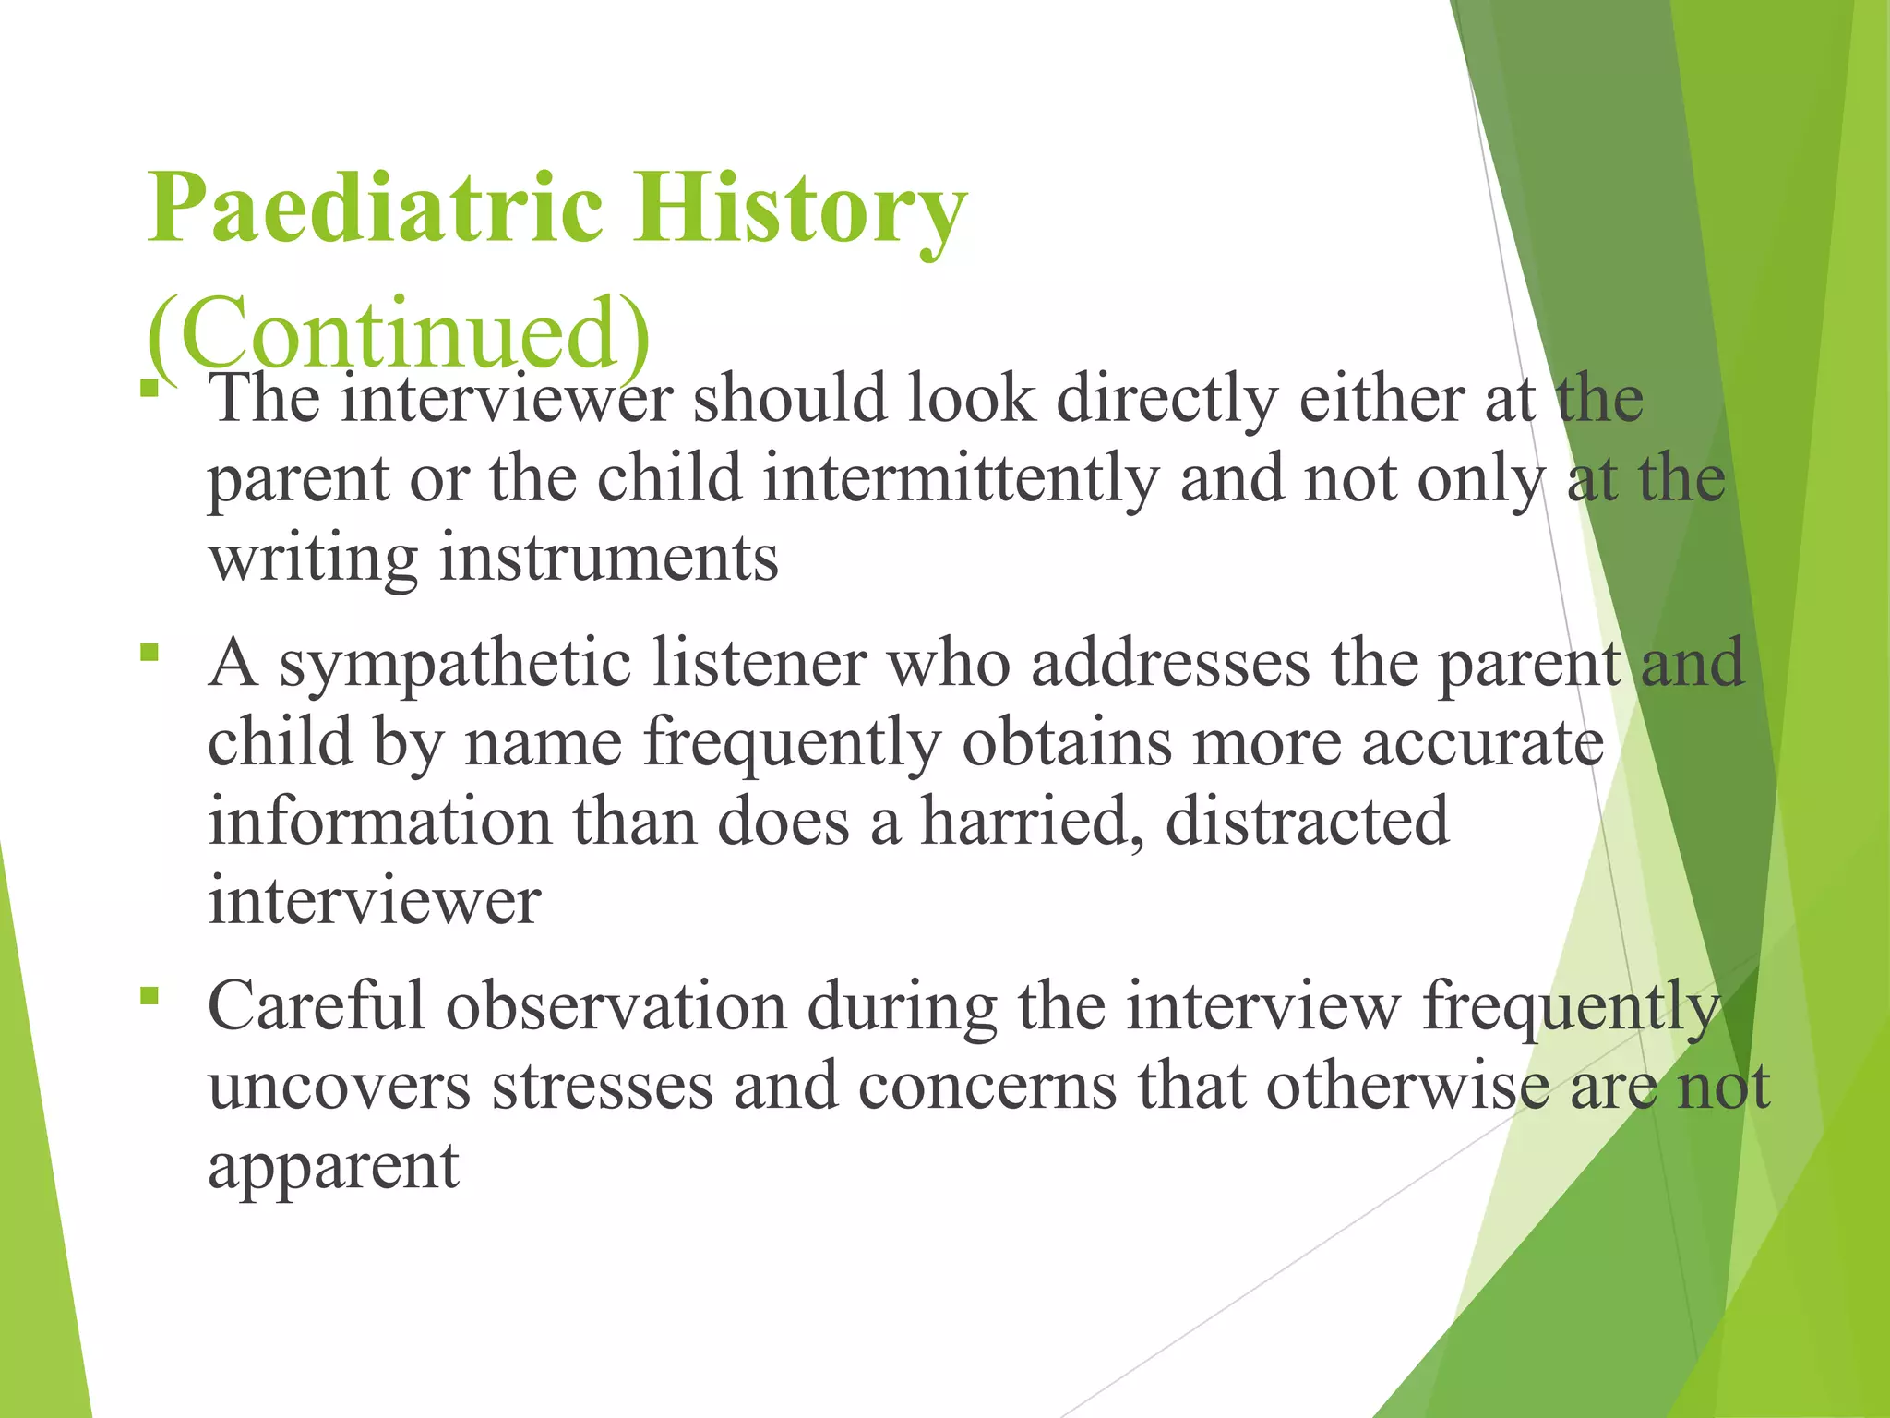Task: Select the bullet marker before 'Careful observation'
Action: click(150, 996)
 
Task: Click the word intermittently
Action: click(961, 480)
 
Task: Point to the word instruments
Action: click(608, 559)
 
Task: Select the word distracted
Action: click(1307, 822)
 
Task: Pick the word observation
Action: click(616, 1006)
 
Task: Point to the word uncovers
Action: click(339, 1087)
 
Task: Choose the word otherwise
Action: click(1406, 1087)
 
